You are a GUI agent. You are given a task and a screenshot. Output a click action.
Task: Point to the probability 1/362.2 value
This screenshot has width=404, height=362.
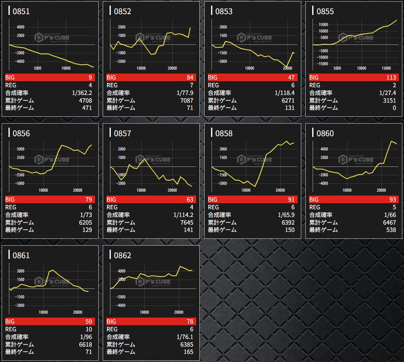tap(82, 93)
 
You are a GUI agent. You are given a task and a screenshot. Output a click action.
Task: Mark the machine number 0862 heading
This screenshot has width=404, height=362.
tap(123, 255)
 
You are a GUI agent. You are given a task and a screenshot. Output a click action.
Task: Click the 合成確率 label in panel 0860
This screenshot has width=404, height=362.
tap(321, 215)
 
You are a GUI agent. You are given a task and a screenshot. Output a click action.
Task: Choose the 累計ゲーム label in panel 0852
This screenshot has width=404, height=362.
tap(121, 100)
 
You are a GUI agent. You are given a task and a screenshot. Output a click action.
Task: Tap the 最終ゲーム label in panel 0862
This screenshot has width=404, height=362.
tap(121, 352)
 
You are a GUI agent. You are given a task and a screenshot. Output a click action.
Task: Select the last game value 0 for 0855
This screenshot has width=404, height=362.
tap(394, 108)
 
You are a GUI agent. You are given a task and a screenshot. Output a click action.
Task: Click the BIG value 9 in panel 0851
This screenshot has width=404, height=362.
tap(90, 78)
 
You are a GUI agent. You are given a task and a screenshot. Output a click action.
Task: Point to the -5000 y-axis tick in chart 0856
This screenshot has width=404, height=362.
tap(19, 183)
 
